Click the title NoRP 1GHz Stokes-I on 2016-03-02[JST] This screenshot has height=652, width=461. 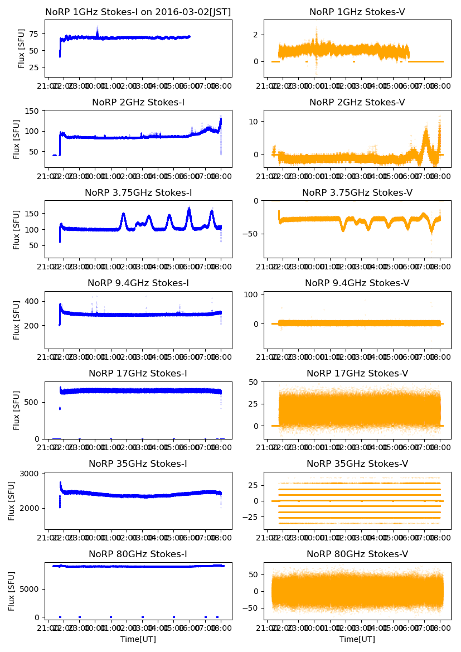coord(138,12)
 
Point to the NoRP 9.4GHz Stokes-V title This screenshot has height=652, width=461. coord(357,283)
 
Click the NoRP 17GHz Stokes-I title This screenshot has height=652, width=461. coord(138,374)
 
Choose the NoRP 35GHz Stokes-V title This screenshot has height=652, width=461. coord(357,464)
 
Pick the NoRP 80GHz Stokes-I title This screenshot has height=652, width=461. coord(138,554)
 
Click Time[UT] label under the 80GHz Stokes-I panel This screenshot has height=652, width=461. coord(138,639)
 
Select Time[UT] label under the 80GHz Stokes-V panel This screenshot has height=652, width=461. coord(357,639)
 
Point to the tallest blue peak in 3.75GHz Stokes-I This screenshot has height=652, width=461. coord(189,209)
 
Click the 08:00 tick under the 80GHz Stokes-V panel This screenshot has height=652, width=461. coord(440,629)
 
